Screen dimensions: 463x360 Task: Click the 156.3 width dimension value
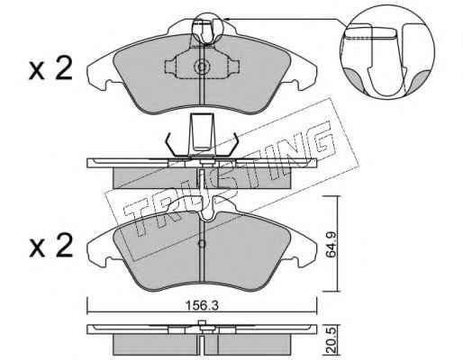[x=202, y=306]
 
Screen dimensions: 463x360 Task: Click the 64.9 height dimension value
[x=331, y=244]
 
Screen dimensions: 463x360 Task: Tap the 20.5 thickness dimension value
[x=331, y=342]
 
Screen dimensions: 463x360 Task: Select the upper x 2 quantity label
[x=50, y=68]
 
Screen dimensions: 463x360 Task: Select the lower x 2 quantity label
[x=51, y=246]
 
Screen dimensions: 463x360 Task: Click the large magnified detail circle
[x=387, y=51]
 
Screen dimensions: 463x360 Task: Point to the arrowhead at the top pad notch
[x=227, y=19]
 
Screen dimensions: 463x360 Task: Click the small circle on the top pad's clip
[x=202, y=67]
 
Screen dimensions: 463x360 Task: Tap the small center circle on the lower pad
[x=202, y=244]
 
